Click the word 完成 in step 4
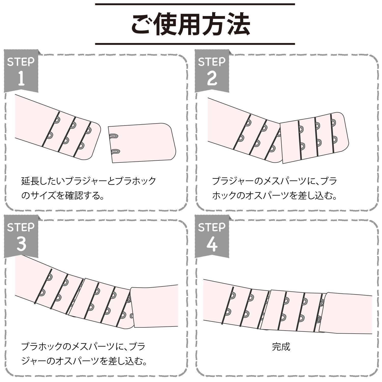click(x=281, y=347)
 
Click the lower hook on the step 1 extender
click(x=115, y=152)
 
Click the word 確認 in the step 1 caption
click(x=74, y=196)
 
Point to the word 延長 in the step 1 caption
click(x=30, y=181)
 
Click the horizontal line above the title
click(x=195, y=4)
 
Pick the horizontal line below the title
click(x=195, y=44)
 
